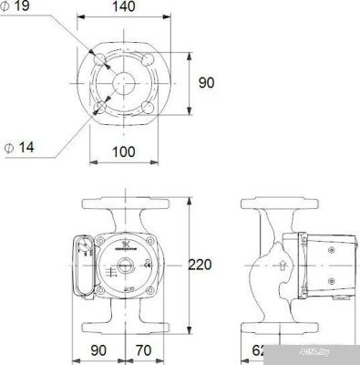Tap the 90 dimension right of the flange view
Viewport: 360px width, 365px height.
point(206,83)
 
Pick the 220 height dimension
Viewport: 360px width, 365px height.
point(201,266)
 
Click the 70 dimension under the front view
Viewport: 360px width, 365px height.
point(142,349)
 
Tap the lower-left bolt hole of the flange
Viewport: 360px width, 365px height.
point(101,106)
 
